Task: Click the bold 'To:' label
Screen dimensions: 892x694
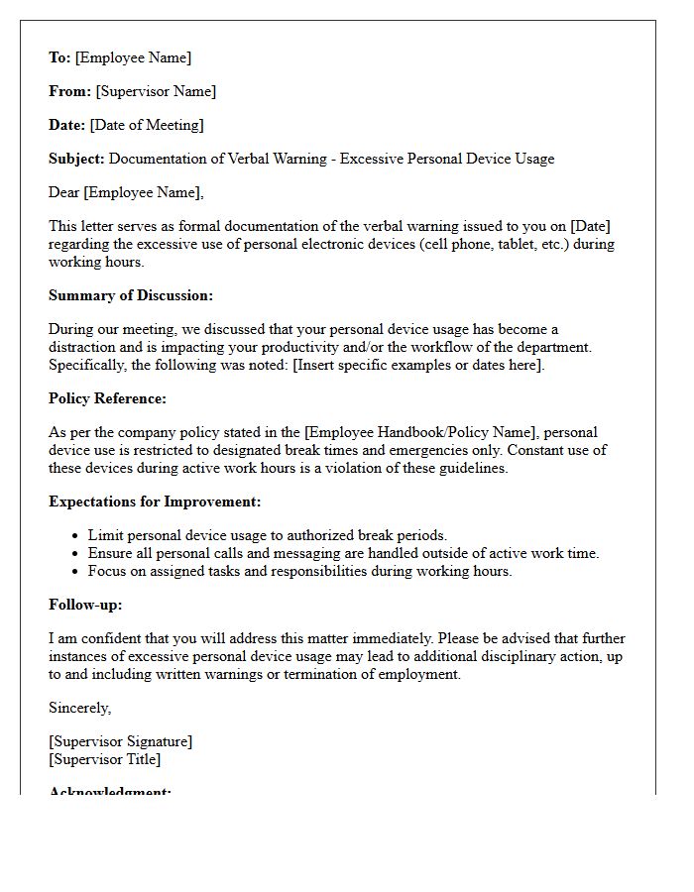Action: click(x=59, y=57)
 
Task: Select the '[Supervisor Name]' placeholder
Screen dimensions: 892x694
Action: click(x=156, y=91)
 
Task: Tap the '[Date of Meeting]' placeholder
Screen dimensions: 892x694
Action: click(x=147, y=125)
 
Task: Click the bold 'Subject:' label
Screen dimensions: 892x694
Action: click(x=77, y=159)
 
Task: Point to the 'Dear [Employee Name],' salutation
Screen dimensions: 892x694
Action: click(x=126, y=192)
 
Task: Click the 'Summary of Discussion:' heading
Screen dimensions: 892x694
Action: click(x=131, y=295)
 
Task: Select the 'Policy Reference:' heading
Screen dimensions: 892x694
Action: click(x=108, y=398)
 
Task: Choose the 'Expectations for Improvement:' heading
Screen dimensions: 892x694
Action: click(x=155, y=502)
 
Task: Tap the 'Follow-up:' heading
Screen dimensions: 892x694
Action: click(x=85, y=605)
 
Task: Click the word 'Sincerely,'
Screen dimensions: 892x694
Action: click(x=80, y=708)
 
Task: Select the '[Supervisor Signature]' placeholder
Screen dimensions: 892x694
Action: click(x=121, y=741)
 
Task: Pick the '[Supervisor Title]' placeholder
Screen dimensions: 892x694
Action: click(x=105, y=759)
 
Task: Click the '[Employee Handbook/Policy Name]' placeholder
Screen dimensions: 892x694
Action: click(x=423, y=432)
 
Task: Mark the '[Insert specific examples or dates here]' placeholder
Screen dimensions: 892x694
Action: click(x=418, y=365)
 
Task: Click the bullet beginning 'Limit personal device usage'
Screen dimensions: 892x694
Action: click(x=268, y=535)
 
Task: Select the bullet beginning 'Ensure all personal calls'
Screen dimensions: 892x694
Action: click(x=343, y=553)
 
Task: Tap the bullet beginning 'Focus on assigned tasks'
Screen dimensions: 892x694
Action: click(x=299, y=571)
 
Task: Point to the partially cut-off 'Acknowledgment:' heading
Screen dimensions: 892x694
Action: click(x=110, y=791)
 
